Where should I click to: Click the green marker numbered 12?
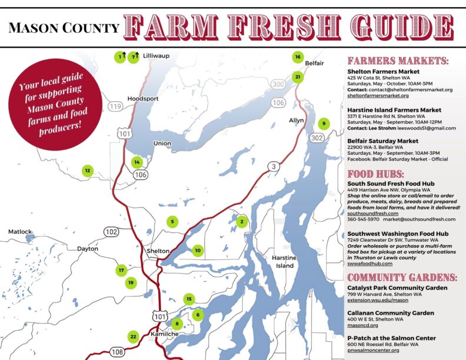[x=87, y=171]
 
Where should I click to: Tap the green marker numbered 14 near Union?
[x=137, y=162]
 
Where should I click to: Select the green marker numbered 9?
[x=323, y=124]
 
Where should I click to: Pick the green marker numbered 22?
[x=133, y=336]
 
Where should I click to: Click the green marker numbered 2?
[x=241, y=222]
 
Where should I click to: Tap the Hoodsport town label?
[x=143, y=99]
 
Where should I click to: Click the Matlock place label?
[x=19, y=232]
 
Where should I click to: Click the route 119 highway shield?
[x=115, y=106]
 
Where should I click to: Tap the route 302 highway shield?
[x=317, y=138]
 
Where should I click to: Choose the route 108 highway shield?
[x=117, y=352]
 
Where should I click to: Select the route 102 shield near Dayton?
[x=111, y=231]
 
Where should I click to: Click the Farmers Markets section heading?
[x=398, y=61]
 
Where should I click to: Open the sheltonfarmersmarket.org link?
[x=378, y=95]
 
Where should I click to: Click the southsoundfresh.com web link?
[x=372, y=213]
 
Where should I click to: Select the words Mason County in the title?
[x=64, y=28]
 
